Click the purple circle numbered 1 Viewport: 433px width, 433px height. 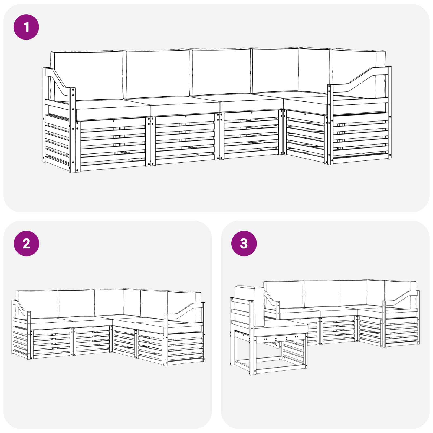click(x=26, y=27)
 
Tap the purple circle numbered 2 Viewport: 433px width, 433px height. click(x=26, y=244)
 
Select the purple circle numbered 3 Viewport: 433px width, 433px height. click(x=244, y=244)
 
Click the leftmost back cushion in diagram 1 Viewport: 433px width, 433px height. click(x=87, y=75)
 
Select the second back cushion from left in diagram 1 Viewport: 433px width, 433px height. click(x=158, y=74)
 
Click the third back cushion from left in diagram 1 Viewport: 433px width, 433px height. click(x=221, y=72)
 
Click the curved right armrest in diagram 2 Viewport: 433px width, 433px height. click(x=184, y=311)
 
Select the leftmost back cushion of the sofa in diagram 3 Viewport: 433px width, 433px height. click(x=284, y=294)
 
